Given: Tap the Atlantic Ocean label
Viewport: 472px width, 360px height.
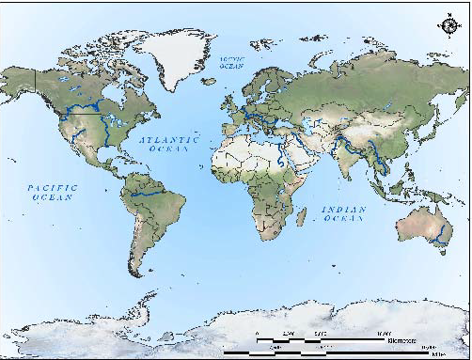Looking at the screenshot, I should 170,143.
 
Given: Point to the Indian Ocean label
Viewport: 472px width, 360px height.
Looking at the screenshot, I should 342,213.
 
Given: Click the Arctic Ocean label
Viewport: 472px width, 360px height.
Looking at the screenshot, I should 231,62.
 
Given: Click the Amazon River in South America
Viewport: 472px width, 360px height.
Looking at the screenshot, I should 150,193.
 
